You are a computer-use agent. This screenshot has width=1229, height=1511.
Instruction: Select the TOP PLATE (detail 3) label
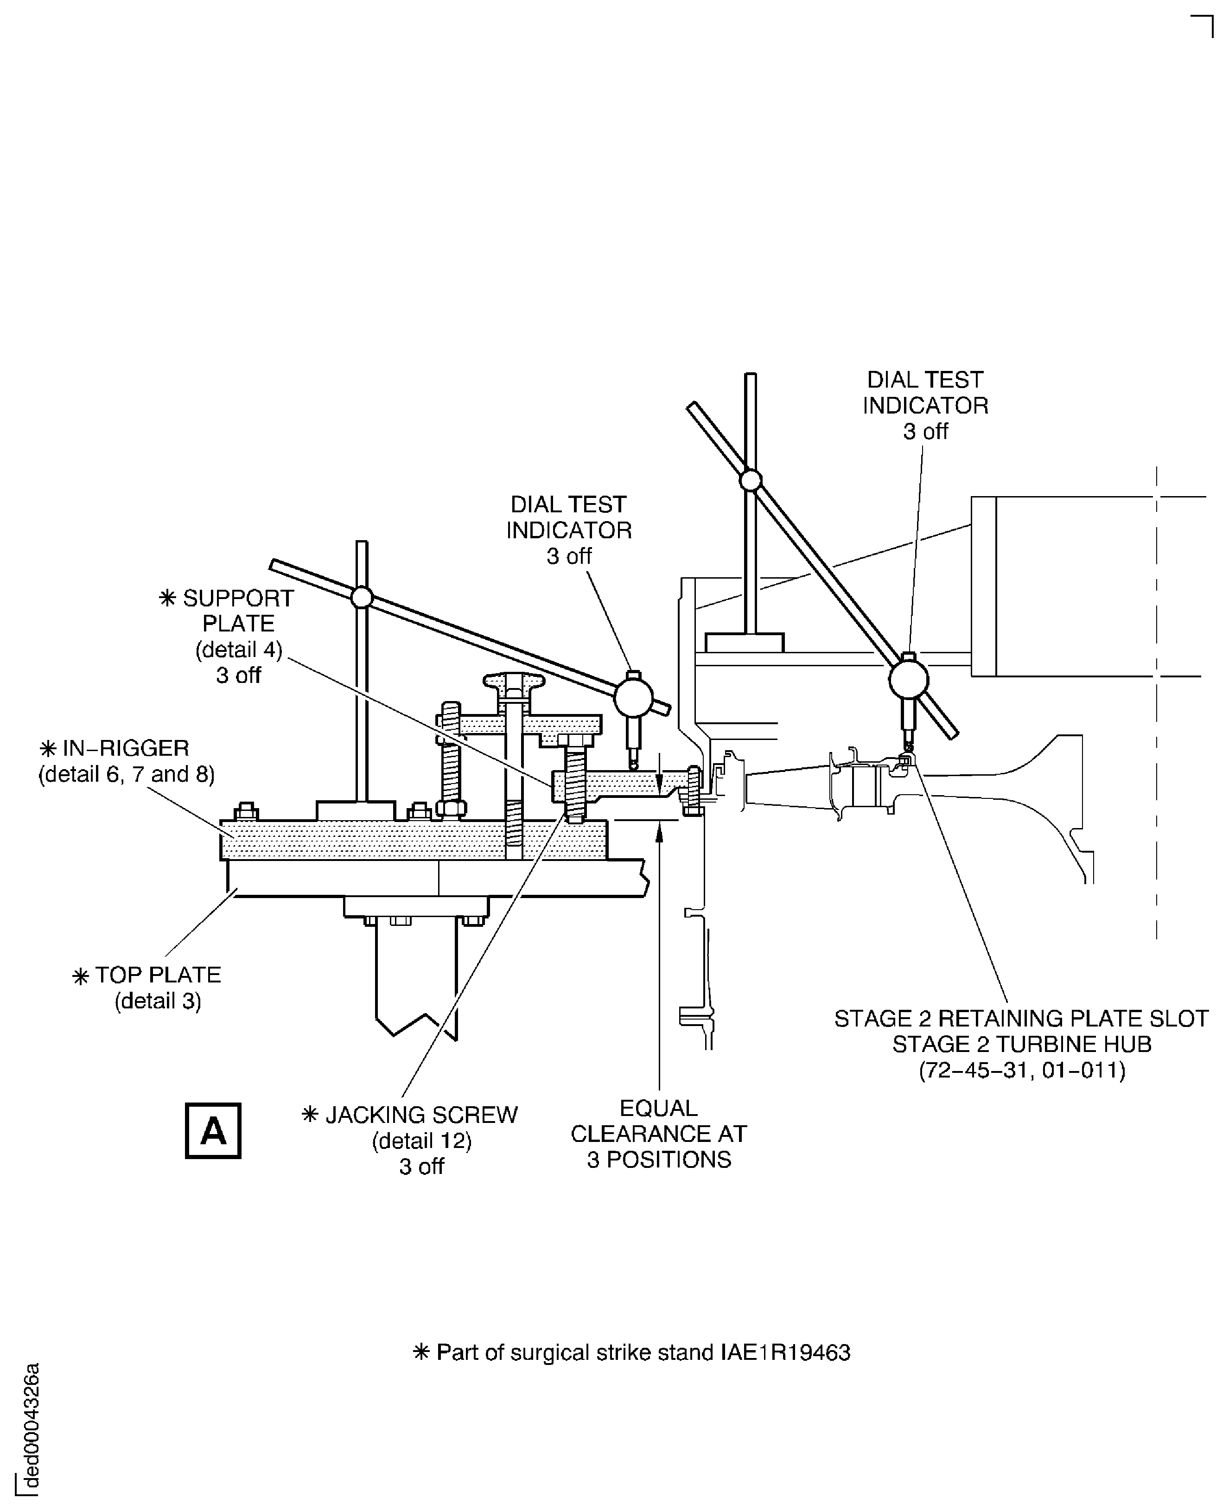[x=157, y=987]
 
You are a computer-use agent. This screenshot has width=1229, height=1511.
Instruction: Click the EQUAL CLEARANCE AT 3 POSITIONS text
[x=658, y=1134]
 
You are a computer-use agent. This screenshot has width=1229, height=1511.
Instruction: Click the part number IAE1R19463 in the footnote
[x=785, y=1353]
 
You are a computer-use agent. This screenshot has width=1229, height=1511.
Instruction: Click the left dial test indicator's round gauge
[x=633, y=697]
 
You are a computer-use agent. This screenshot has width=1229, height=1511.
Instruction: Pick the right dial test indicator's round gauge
[x=908, y=679]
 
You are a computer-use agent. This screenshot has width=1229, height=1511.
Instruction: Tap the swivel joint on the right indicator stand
[x=751, y=481]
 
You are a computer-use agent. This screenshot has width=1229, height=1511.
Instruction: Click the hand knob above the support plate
[x=515, y=682]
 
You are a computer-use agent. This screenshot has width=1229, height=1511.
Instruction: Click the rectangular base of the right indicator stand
[x=744, y=643]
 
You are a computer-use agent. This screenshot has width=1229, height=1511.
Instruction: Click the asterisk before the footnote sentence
[x=421, y=1352]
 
